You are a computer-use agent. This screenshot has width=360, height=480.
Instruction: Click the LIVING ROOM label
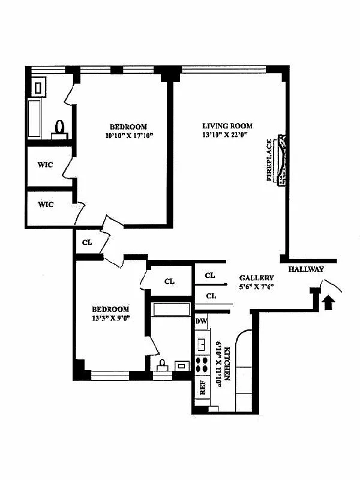[x=227, y=126]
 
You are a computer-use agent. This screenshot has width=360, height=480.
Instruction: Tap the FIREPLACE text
[x=270, y=161]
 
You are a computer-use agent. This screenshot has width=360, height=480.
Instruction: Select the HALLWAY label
[x=306, y=269]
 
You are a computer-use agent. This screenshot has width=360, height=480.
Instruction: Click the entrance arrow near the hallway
[x=328, y=301]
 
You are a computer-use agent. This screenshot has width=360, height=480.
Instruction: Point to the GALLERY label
[x=256, y=278]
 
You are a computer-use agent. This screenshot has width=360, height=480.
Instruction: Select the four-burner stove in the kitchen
[x=202, y=365]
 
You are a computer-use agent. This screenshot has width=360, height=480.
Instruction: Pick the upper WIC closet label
[x=46, y=165]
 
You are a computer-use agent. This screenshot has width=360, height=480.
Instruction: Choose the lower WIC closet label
[x=46, y=205]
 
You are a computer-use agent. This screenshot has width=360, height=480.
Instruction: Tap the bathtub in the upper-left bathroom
[x=34, y=118]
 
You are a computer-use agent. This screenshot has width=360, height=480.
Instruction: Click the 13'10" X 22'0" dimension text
[x=227, y=136]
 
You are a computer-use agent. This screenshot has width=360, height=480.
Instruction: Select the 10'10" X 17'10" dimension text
[x=128, y=136]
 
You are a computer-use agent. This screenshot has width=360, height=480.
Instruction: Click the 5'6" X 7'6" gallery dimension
[x=256, y=287]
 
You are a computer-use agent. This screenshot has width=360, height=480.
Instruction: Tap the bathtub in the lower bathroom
[x=171, y=310]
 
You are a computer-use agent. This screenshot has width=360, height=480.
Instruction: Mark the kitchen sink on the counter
[x=202, y=345]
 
